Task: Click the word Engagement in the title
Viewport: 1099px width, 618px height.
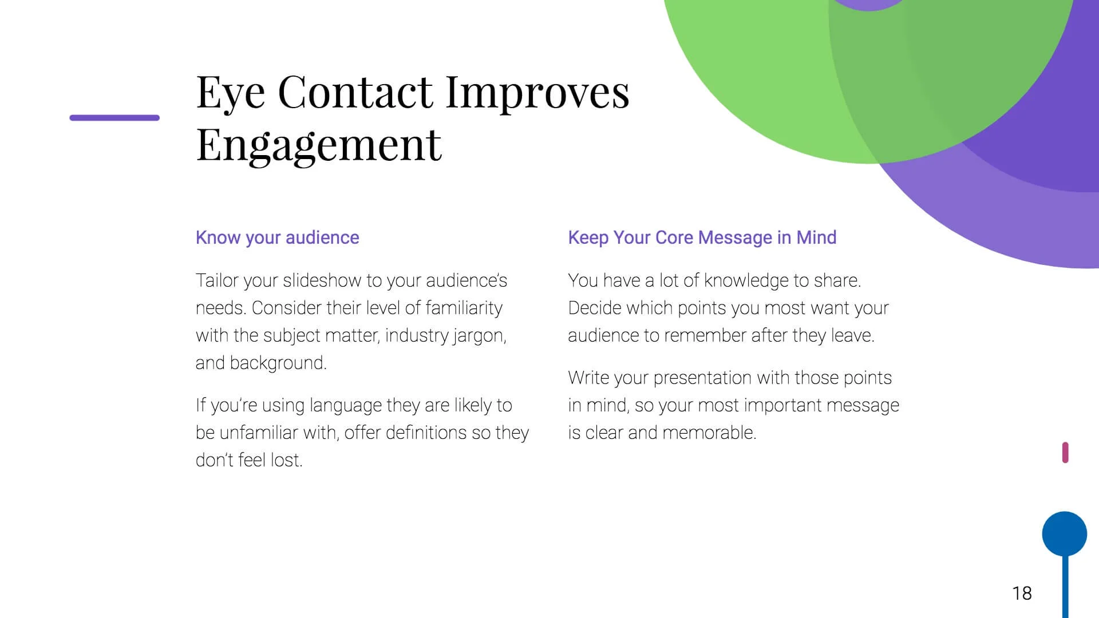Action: [319, 146]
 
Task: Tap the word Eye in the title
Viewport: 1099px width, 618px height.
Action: [231, 93]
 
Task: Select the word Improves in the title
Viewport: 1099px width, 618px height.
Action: [537, 93]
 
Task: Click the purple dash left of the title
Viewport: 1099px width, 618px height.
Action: [114, 118]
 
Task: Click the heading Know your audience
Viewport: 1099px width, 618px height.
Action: [278, 237]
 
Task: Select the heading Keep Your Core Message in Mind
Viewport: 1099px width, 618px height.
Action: [702, 237]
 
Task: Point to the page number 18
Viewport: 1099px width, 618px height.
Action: [1022, 593]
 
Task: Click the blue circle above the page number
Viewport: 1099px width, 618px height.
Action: [1065, 534]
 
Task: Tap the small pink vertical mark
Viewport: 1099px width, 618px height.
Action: [1065, 453]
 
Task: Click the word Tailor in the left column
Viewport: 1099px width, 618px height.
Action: [217, 280]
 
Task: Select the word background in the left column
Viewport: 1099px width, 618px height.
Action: [278, 363]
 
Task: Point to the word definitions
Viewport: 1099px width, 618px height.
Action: [426, 433]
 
